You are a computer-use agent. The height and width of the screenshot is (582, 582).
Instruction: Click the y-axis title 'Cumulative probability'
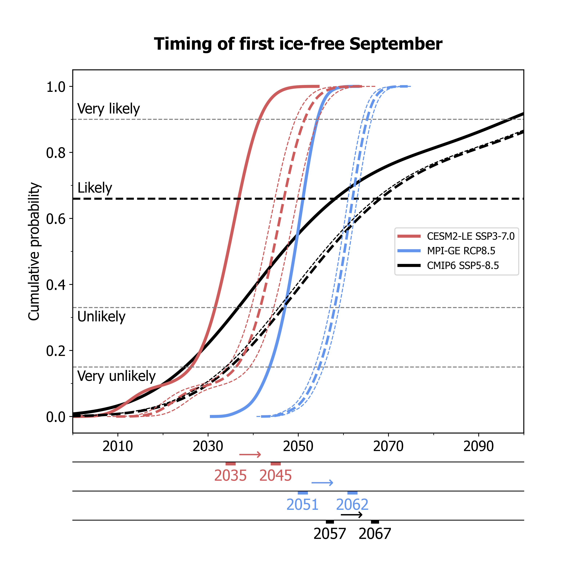point(34,252)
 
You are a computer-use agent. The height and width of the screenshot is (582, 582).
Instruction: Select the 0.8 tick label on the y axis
point(56,153)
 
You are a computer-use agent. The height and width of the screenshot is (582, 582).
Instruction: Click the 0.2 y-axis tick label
point(56,351)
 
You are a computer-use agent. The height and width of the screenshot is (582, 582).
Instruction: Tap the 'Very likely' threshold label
point(108,109)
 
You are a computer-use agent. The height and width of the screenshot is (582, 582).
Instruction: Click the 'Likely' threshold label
point(95,188)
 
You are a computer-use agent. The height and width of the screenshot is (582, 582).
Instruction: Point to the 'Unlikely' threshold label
point(101,317)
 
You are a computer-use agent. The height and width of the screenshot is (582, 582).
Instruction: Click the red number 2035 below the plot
point(230,476)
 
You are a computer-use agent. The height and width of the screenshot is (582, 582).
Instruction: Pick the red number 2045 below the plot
point(276,476)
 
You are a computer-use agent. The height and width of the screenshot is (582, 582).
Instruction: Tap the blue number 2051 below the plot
point(302,505)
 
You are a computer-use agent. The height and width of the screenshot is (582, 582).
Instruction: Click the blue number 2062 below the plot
point(352,505)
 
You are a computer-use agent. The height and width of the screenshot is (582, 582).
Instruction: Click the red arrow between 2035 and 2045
point(250,454)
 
